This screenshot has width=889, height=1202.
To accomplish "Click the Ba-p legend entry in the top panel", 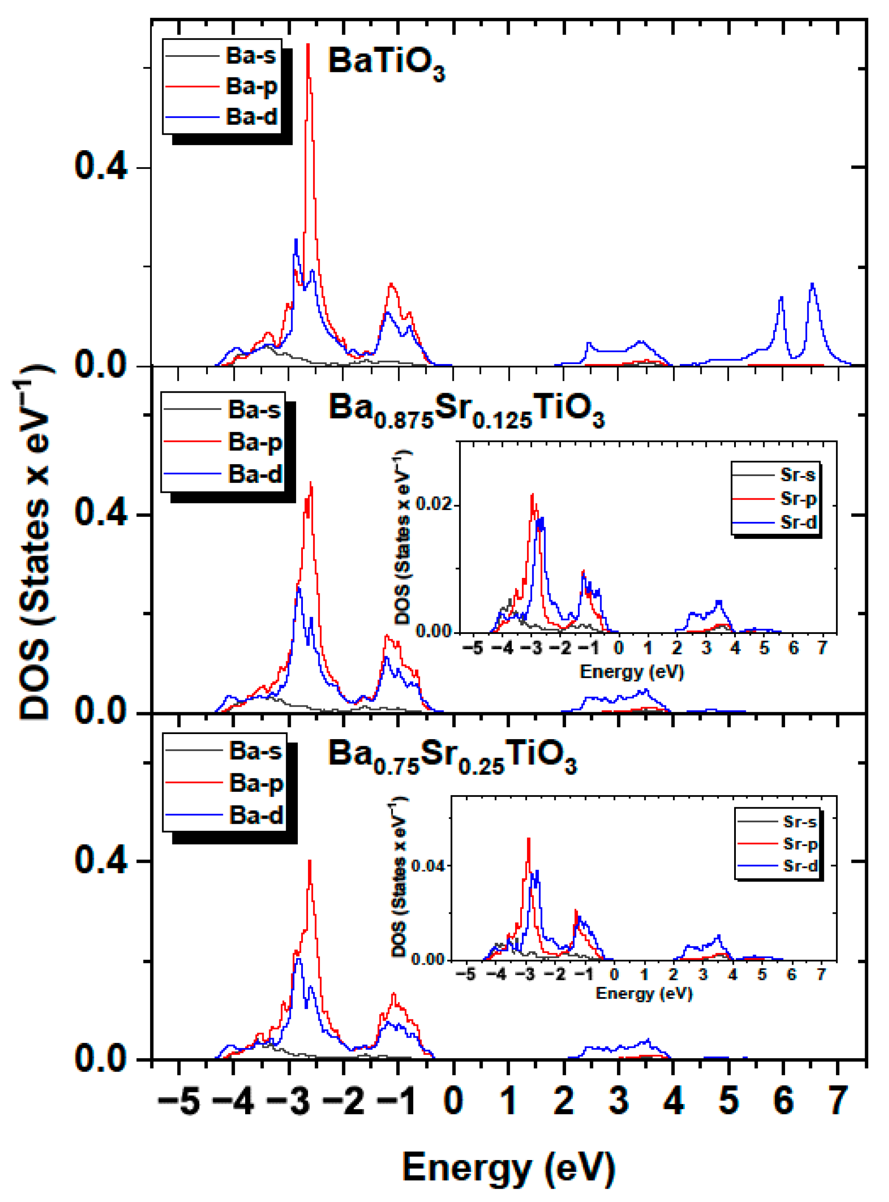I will click(251, 86).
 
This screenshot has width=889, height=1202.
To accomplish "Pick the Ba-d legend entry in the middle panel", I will click(255, 474).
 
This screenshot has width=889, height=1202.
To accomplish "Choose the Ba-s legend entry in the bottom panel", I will click(255, 751).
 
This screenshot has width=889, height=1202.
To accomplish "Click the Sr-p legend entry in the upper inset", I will click(798, 499).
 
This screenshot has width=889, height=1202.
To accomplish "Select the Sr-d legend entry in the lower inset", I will click(800, 866).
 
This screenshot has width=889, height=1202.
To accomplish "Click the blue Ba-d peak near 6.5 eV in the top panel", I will click(812, 285).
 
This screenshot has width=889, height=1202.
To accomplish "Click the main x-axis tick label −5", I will click(179, 1100).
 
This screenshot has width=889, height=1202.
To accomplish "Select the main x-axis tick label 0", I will click(453, 1100).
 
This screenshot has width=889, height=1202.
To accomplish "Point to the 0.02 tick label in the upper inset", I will click(434, 505).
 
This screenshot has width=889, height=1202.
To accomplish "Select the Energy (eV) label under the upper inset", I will click(631, 672).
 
